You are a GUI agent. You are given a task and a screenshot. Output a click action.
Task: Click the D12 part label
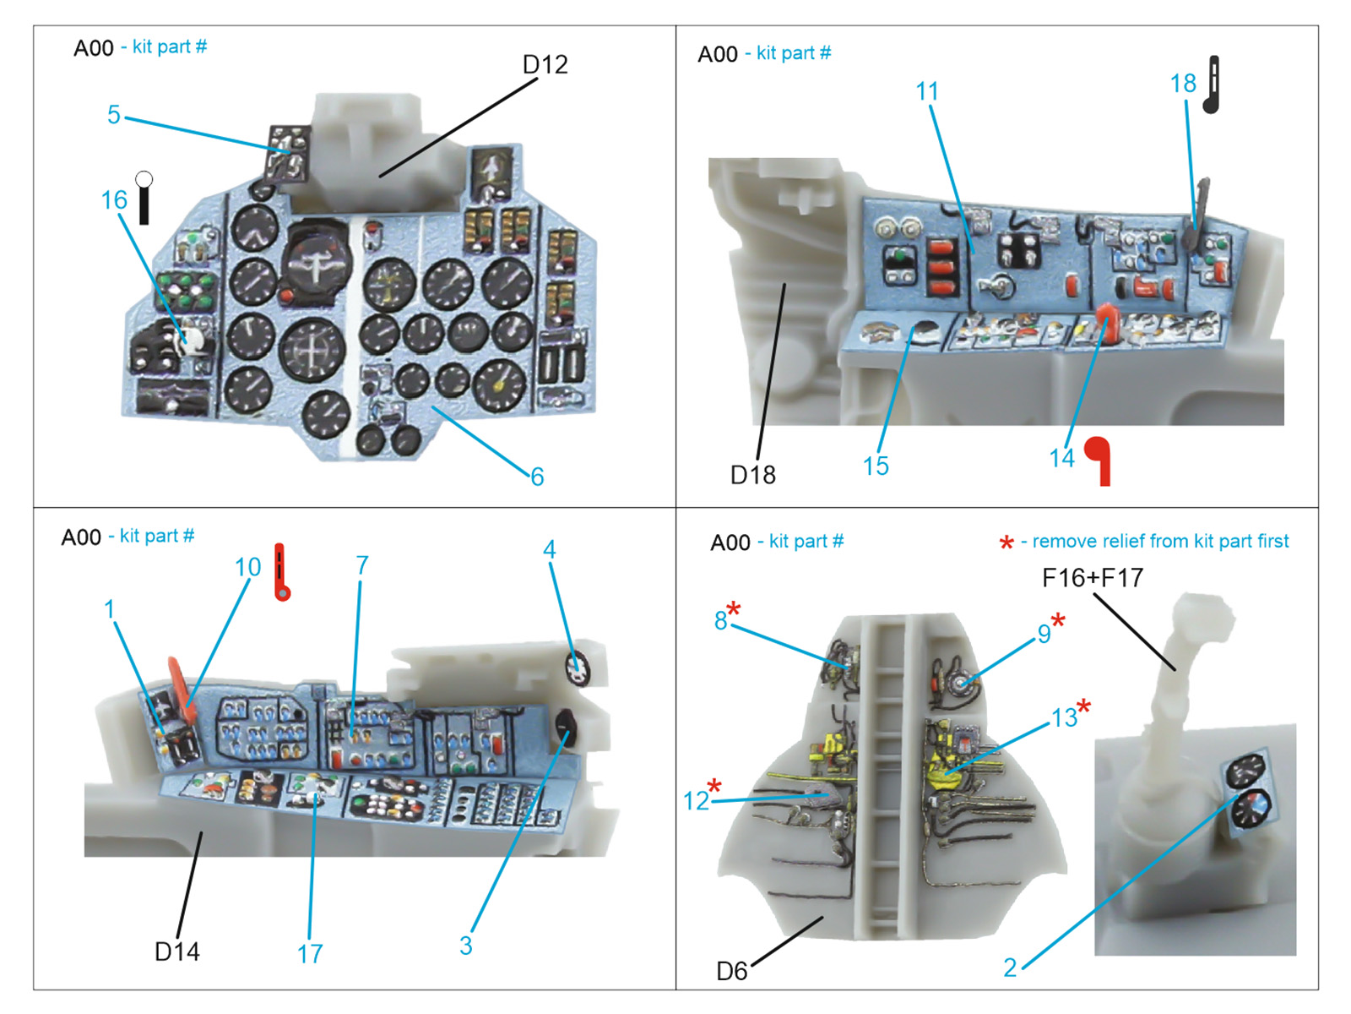coord(545,65)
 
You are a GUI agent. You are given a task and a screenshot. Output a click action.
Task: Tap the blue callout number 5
coord(114,115)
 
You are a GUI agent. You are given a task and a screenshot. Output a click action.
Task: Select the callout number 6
coord(537,477)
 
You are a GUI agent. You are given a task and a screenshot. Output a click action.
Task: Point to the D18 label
coord(752,475)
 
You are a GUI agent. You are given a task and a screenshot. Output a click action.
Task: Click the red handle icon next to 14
coord(1099,460)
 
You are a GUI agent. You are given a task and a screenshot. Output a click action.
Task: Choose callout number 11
coord(927,91)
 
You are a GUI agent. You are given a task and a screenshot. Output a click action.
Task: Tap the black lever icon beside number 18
coord(1213,84)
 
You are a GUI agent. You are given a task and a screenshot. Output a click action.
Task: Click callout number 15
coord(876,466)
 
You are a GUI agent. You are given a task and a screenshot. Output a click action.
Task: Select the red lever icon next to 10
coord(281,572)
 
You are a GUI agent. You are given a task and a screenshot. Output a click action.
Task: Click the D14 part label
coord(177,951)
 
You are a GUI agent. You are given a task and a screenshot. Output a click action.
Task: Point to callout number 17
coord(310,954)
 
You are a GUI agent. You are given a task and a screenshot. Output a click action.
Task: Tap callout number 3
coord(465,946)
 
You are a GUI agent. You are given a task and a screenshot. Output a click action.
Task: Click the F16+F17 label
coord(1093,578)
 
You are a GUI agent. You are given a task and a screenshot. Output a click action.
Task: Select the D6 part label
coord(731,971)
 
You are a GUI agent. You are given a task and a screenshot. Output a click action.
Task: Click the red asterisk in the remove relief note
coord(1006,543)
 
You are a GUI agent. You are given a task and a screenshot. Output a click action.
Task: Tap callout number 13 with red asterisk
coord(1065,717)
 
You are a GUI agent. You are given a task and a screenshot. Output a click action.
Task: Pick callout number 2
coord(1010,968)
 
